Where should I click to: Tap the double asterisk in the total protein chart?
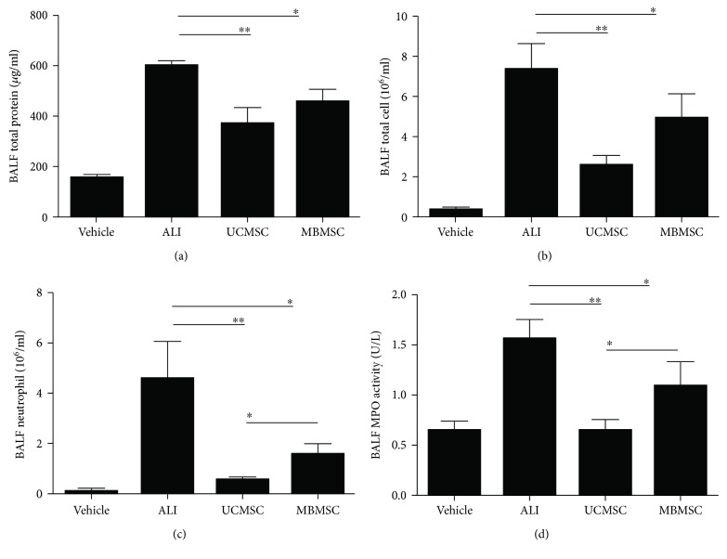[244, 30]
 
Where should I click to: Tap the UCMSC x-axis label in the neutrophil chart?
[242, 510]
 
